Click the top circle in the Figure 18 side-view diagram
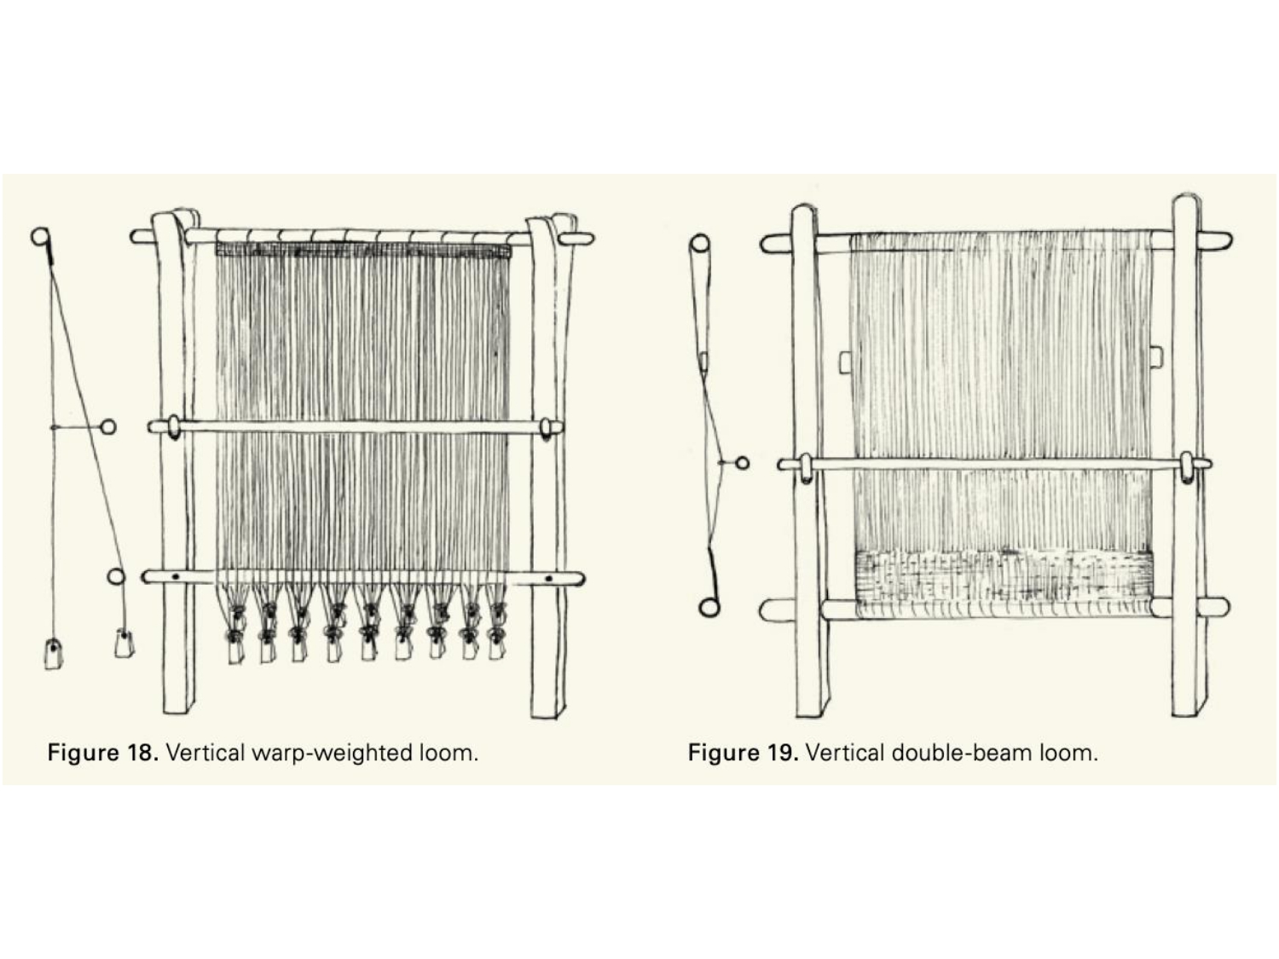[40, 236]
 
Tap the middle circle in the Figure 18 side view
[107, 427]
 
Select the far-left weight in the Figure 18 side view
[53, 654]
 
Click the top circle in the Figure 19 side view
[699, 244]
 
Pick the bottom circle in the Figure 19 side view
[709, 607]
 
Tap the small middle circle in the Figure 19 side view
[743, 463]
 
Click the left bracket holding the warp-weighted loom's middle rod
[174, 427]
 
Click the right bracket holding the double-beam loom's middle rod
[1186, 468]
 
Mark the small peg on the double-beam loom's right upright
[1156, 355]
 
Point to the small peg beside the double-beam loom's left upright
[846, 362]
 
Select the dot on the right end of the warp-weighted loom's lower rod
[548, 580]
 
